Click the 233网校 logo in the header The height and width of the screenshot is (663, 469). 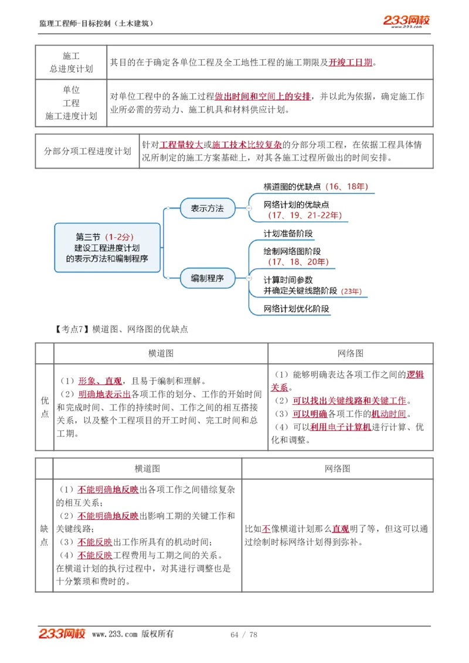point(406,21)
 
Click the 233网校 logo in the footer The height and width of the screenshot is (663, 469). point(62,634)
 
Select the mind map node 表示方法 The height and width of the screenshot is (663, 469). point(207,208)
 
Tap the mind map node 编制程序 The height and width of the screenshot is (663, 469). point(207,278)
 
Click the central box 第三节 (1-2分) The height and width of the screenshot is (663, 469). point(107,247)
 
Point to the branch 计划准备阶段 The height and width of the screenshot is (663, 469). point(288,233)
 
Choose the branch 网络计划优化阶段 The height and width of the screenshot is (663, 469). point(296,309)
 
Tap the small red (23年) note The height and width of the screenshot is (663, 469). point(351,291)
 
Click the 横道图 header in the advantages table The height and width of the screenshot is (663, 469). point(161,353)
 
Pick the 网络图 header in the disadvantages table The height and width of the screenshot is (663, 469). point(337,469)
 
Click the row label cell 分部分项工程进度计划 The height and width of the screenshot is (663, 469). point(87,151)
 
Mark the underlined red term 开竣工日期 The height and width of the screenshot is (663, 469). point(350,62)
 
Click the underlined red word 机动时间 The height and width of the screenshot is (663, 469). point(388,414)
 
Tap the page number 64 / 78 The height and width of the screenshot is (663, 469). point(244,634)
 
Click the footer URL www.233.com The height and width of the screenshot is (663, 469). point(115,634)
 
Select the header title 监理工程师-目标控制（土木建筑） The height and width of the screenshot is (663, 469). point(96,23)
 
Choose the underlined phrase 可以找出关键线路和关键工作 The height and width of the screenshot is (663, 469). point(349,401)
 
